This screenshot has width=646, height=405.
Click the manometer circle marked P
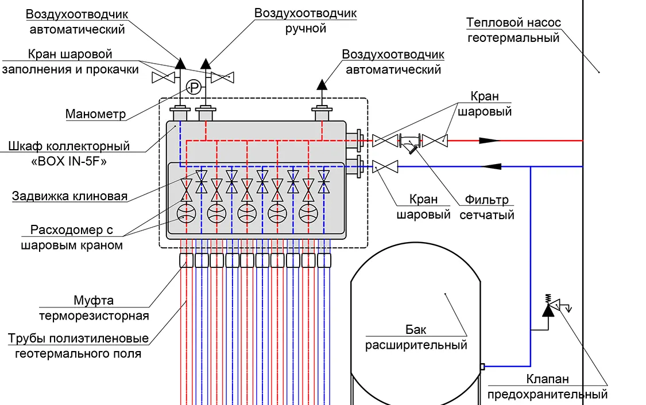tap(194, 87)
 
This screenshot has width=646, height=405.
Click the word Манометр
tap(95, 114)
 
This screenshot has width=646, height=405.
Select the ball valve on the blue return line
tap(385, 167)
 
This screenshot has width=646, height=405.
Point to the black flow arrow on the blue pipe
tap(491, 167)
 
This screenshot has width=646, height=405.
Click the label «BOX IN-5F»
tap(69, 161)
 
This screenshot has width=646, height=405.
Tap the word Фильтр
tap(486, 200)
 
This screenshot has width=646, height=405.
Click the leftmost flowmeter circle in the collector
tap(186, 213)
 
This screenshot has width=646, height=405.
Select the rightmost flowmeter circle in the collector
tap(308, 213)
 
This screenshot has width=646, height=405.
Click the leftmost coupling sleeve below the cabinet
tap(186, 260)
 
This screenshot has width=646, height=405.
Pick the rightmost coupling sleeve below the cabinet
tap(324, 260)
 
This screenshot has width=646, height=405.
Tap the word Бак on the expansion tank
tap(416, 329)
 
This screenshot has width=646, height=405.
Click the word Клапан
tap(548, 379)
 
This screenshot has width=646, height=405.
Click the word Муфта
tap(94, 301)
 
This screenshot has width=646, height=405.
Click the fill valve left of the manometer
tap(164, 77)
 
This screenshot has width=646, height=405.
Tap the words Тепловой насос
tap(513, 22)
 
